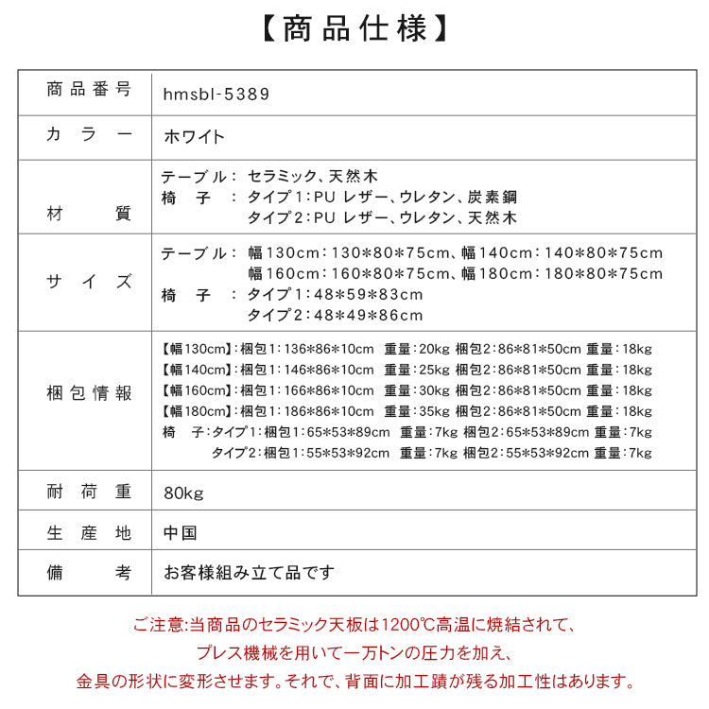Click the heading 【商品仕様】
point(354,28)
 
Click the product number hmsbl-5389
point(216,94)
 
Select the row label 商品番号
point(89,91)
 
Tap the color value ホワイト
point(194,136)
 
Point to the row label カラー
point(89,136)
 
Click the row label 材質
point(89,214)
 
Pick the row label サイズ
point(89,282)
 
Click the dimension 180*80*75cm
point(605,274)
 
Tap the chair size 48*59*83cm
point(336,295)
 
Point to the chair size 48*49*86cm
point(336,316)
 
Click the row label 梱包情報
point(89,393)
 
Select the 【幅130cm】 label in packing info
point(196,349)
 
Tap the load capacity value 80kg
point(182,493)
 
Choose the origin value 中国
point(179,533)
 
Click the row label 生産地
point(89,533)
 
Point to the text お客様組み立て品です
point(249,573)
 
